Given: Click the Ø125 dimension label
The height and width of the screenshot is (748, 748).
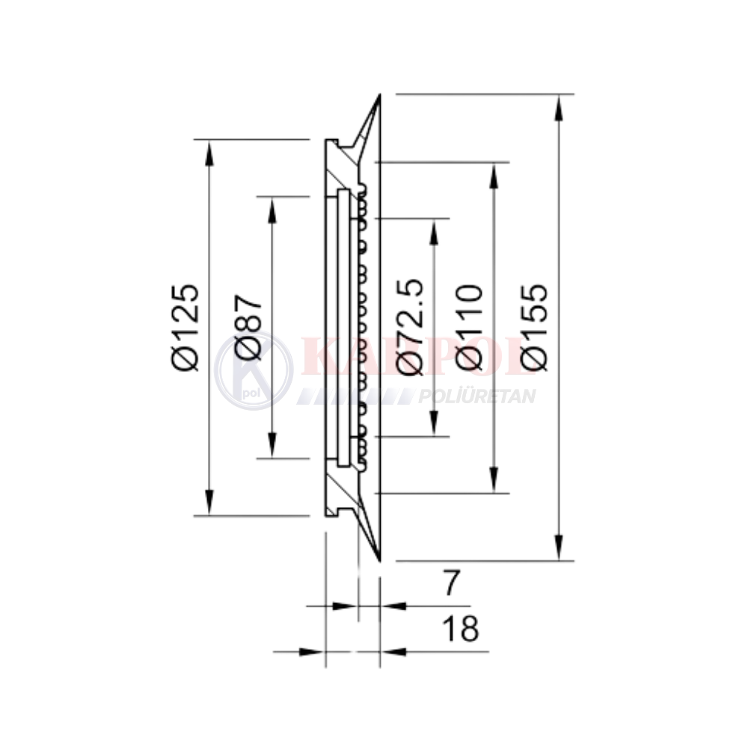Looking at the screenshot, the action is pos(184,328).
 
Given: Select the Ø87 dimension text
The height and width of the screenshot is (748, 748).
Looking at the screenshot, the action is pos(248,328).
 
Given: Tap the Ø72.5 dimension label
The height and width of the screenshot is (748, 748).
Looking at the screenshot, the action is pos(410,327).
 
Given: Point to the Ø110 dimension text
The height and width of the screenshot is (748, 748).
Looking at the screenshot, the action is pos(470,328).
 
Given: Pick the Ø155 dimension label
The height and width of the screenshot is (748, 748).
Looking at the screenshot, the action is pos(534,328).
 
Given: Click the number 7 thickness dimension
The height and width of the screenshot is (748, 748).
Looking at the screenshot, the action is pos(451,583).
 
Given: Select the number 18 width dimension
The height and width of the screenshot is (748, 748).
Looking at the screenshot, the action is pos(460,628).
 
